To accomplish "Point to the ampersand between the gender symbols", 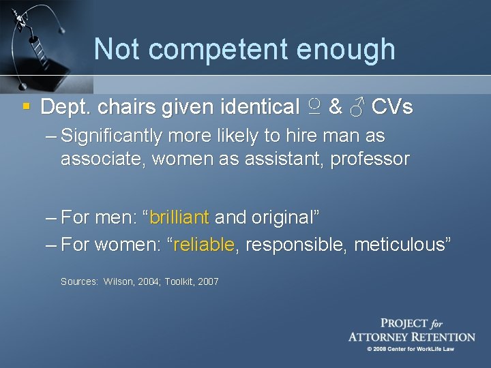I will (335, 108).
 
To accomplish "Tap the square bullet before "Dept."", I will (26, 107).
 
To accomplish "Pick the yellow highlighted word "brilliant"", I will (179, 218).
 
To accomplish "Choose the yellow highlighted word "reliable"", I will (205, 245).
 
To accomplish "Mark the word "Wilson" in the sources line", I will (118, 281).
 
